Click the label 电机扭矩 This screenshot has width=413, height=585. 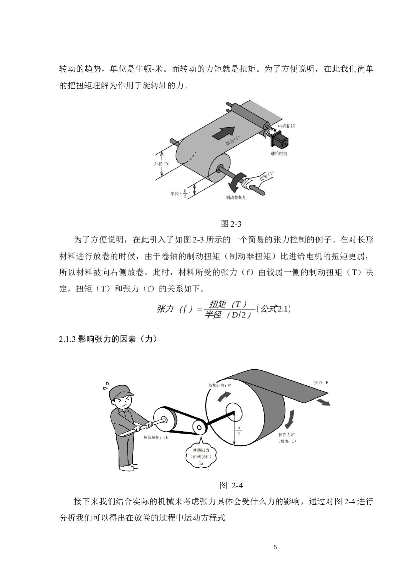286,126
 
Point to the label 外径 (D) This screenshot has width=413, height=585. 162,164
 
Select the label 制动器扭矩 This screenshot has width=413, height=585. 236,198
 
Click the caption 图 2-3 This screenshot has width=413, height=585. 231,224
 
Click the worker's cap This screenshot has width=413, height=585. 121,392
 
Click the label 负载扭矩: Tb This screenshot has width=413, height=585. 155,437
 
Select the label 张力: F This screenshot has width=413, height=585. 321,383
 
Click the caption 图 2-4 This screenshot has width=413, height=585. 231,485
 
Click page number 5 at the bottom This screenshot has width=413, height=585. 275,547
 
